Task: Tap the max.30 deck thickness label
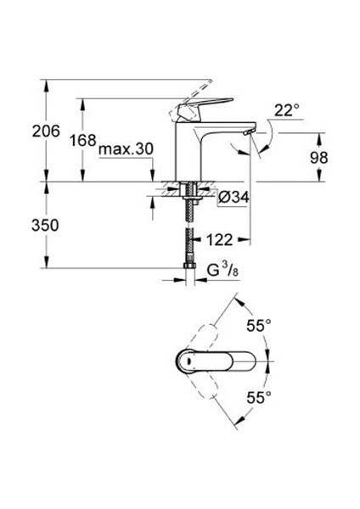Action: [125, 149]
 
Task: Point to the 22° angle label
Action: [288, 109]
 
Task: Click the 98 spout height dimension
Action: [319, 158]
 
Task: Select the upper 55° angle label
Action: [258, 325]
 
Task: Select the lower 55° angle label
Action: [258, 396]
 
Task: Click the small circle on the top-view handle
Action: [185, 360]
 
